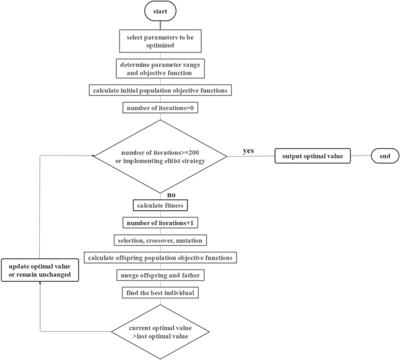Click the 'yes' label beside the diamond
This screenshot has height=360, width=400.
click(249, 151)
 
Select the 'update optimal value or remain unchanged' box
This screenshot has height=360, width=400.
click(40, 271)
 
